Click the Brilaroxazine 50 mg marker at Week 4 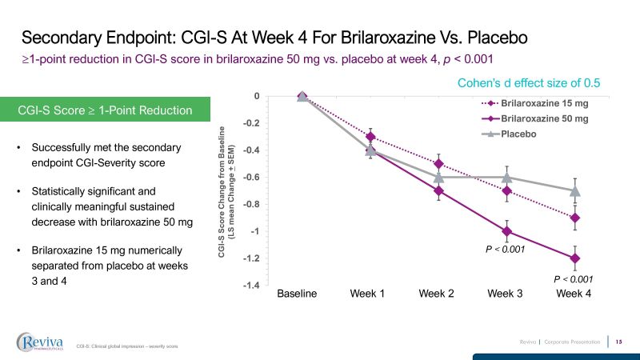(x=574, y=258)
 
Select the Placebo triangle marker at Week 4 (x=574, y=190)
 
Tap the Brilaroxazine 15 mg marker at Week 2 (x=438, y=163)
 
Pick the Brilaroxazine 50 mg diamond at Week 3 (x=506, y=232)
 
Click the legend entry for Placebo (x=518, y=134)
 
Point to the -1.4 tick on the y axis (x=252, y=286)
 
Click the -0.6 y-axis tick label (x=252, y=178)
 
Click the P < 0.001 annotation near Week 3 (x=506, y=250)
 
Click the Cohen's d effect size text (x=528, y=82)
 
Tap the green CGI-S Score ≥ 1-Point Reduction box (x=106, y=110)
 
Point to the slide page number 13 (x=619, y=342)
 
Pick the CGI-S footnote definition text (x=126, y=346)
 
